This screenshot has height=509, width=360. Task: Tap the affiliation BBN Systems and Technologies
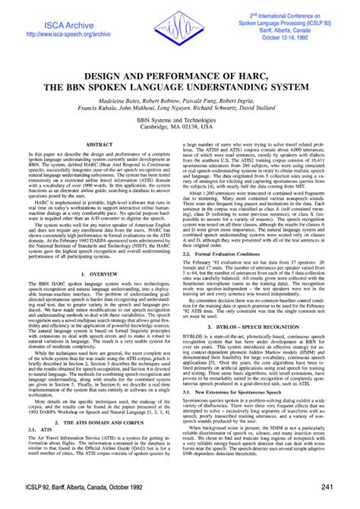[180, 122]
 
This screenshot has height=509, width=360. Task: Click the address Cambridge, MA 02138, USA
[180, 130]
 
